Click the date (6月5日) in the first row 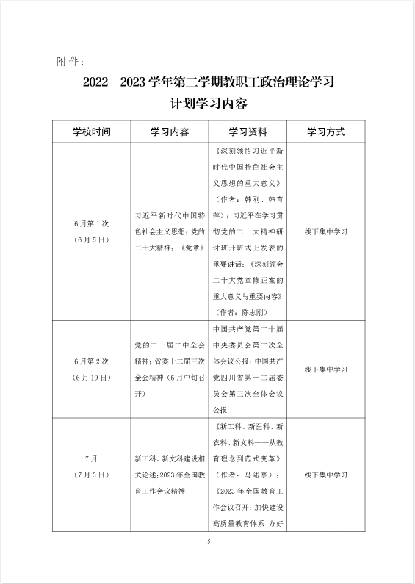coord(91,239)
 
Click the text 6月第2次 coord(91,361)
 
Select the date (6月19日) coord(91,377)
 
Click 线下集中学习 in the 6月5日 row coord(325,231)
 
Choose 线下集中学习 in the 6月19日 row coord(325,369)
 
